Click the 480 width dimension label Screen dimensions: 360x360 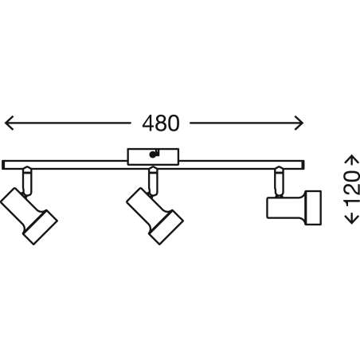tap(161, 123)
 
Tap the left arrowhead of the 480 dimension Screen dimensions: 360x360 tap(9, 123)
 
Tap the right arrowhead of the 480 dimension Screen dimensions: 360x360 tap(299, 123)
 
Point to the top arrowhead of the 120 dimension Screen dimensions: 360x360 tap(352, 158)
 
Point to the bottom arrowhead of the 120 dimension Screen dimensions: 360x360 tap(352, 220)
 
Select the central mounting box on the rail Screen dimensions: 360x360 tap(153, 157)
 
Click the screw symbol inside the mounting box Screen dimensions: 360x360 tap(154, 154)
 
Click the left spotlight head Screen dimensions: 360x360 tap(29, 216)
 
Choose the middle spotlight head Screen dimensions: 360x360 tap(155, 216)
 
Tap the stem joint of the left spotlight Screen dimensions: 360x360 tap(27, 181)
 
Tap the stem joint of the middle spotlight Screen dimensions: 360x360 tap(153, 181)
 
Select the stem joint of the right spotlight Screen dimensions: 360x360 tap(279, 182)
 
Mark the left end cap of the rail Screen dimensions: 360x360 tap(3, 165)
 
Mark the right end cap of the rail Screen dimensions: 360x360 tap(303, 165)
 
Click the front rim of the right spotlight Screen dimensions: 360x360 tap(313, 208)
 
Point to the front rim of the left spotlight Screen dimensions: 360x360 tap(40, 227)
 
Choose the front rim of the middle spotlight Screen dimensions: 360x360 tap(166, 227)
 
